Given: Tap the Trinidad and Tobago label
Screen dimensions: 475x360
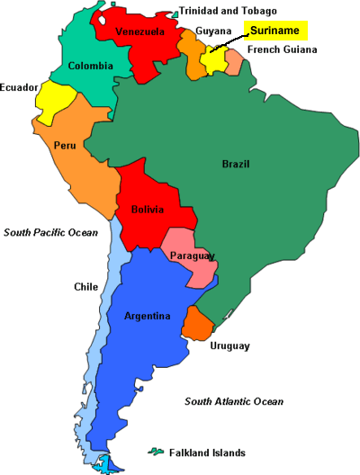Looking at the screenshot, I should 229,11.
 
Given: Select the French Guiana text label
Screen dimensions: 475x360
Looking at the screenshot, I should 283,49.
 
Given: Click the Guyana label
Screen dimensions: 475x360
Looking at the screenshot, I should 213,31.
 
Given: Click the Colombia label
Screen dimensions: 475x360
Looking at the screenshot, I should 91,66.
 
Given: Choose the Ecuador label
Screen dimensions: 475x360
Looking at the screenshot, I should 19,87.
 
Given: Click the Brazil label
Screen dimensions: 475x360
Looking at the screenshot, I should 237,164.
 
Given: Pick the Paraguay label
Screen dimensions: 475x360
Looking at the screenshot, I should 192,257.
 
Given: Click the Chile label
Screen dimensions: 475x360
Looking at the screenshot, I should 85,287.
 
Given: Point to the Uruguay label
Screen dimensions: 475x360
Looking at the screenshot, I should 229,345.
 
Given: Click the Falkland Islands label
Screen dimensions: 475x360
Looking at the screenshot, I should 209,453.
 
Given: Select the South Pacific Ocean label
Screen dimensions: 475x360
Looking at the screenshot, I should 49,232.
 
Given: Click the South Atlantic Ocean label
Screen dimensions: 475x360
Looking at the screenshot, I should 234,401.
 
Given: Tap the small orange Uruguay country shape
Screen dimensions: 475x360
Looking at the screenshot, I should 196,323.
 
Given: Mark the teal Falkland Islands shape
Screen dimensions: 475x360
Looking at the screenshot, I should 157,451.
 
